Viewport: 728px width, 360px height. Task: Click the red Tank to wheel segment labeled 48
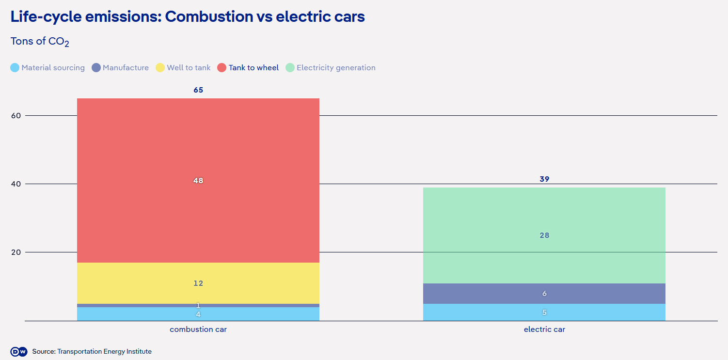click(x=198, y=180)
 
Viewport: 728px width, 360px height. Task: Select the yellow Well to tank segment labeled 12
click(x=198, y=283)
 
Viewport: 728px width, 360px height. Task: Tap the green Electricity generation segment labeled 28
click(x=544, y=235)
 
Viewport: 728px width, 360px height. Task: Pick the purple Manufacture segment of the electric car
click(x=544, y=294)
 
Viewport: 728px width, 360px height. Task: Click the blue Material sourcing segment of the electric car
click(x=544, y=312)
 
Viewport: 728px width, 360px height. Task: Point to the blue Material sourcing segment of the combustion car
click(x=198, y=314)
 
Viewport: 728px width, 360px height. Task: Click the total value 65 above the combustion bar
click(x=198, y=90)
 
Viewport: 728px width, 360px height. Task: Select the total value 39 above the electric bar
click(x=544, y=179)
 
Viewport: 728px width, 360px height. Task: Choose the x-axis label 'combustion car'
click(x=198, y=329)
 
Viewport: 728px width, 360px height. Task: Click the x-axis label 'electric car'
click(x=544, y=329)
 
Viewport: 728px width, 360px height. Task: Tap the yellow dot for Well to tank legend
click(x=160, y=68)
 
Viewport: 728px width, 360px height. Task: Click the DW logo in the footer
click(x=18, y=352)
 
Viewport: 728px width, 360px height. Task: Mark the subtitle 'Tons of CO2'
click(x=40, y=42)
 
